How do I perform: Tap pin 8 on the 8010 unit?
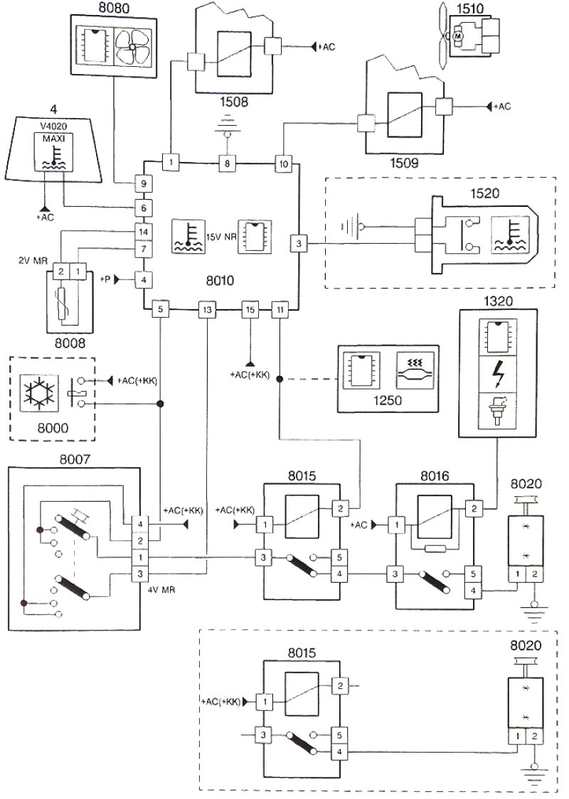[x=228, y=163]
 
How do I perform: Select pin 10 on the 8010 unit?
[x=284, y=163]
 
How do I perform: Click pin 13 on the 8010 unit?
[x=206, y=309]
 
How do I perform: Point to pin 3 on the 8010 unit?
[x=298, y=244]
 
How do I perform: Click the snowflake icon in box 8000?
[x=39, y=393]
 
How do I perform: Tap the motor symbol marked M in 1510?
[x=457, y=36]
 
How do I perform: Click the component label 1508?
[x=234, y=102]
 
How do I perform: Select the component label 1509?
[x=403, y=163]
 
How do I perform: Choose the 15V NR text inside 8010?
[x=220, y=237]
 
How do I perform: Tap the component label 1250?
[x=388, y=400]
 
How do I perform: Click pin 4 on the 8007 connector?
[x=139, y=523]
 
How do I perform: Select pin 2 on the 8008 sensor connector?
[x=61, y=272]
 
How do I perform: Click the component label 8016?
[x=435, y=476]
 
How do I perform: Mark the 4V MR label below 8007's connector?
[x=161, y=590]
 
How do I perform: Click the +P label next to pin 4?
[x=105, y=279]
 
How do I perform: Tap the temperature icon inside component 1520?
[x=509, y=235]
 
